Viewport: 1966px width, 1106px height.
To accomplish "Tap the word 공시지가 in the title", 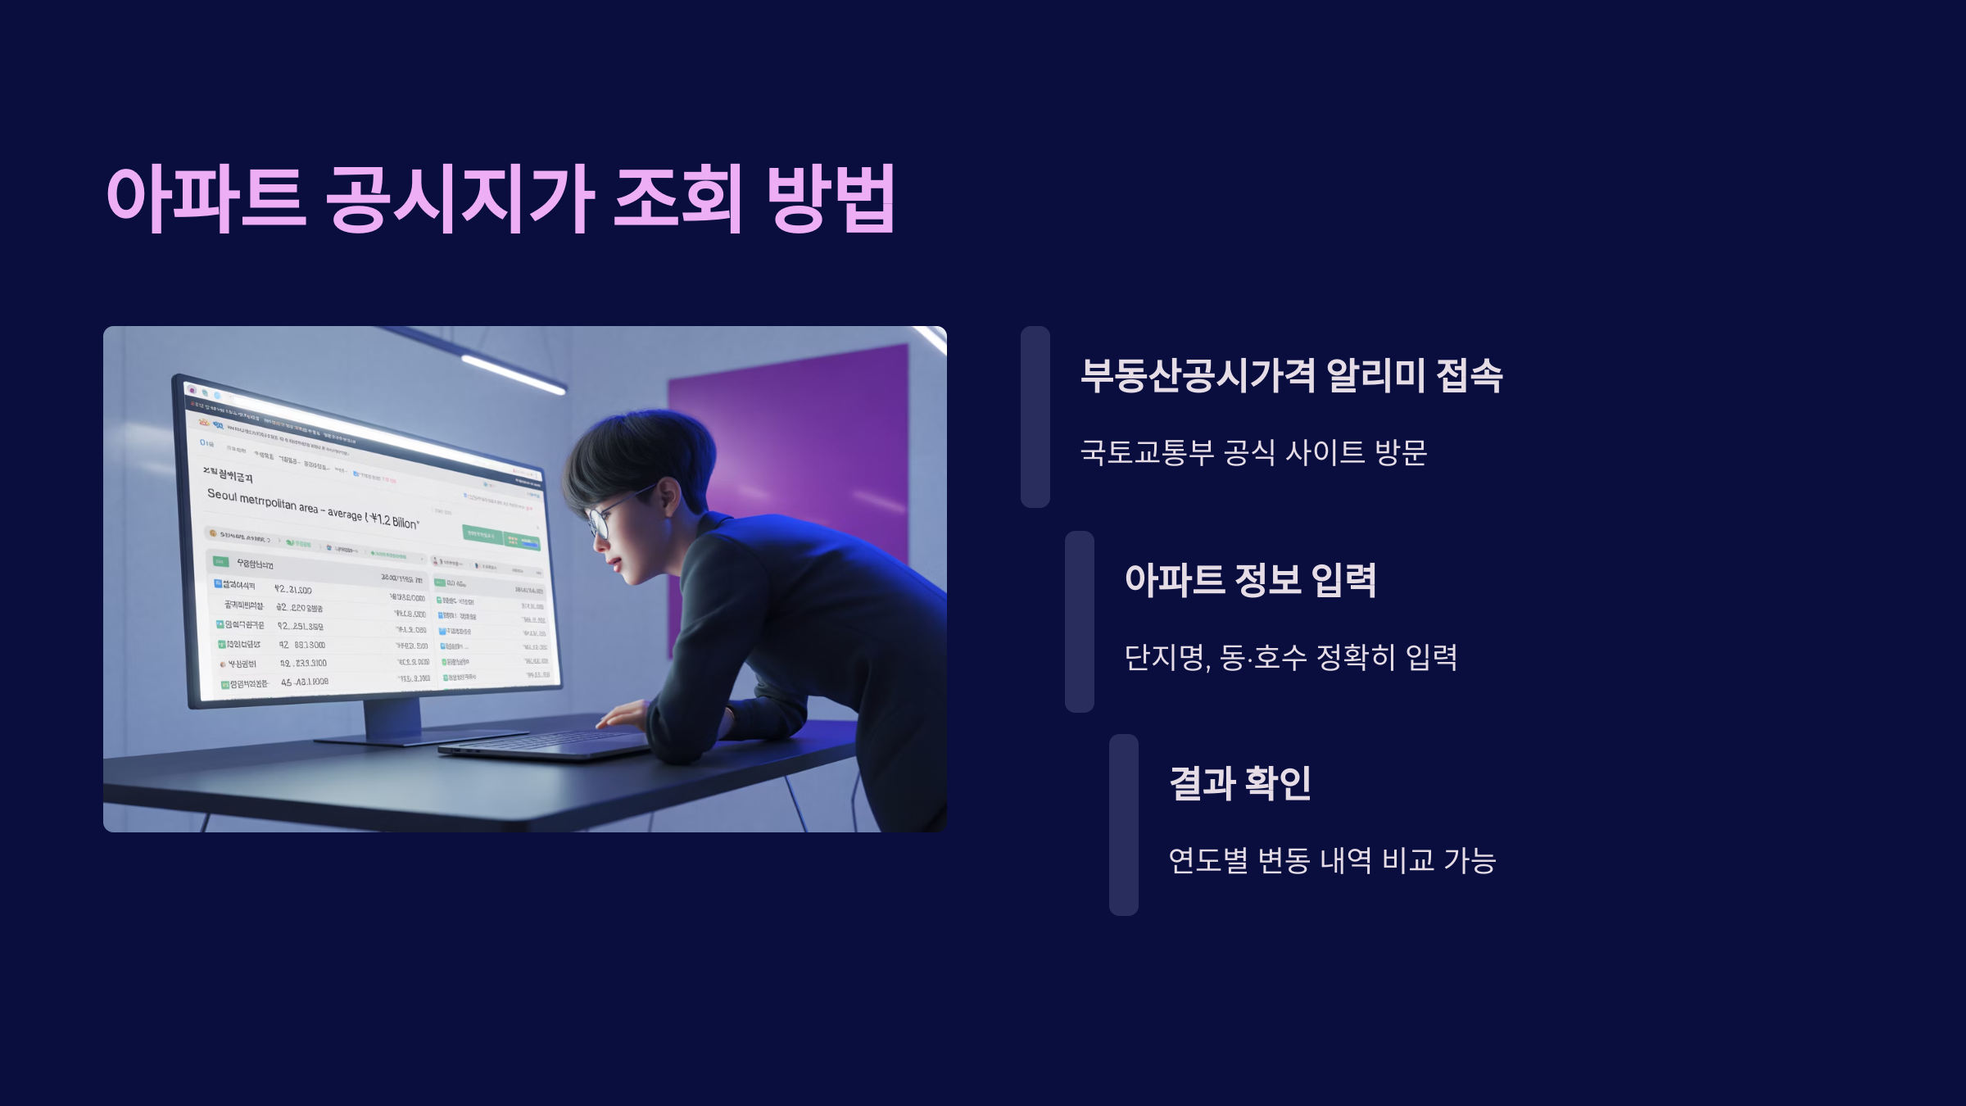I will point(460,198).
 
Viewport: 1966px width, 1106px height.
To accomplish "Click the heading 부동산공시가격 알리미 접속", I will point(1291,376).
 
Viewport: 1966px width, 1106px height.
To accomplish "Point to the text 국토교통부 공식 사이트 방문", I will point(1253,452).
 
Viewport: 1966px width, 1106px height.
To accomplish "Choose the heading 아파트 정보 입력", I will point(1250,580).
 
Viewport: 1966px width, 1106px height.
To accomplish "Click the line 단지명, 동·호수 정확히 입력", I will point(1290,657).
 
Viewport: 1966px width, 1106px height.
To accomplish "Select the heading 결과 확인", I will point(1240,783).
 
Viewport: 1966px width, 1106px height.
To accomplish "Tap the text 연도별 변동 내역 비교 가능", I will point(1332,860).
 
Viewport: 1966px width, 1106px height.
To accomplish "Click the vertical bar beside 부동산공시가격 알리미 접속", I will point(1035,417).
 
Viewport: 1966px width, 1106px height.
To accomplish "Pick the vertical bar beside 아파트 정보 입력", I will point(1080,622).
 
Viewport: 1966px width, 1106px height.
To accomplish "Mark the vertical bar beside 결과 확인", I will point(1124,825).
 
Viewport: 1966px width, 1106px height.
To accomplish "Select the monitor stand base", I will point(418,736).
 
